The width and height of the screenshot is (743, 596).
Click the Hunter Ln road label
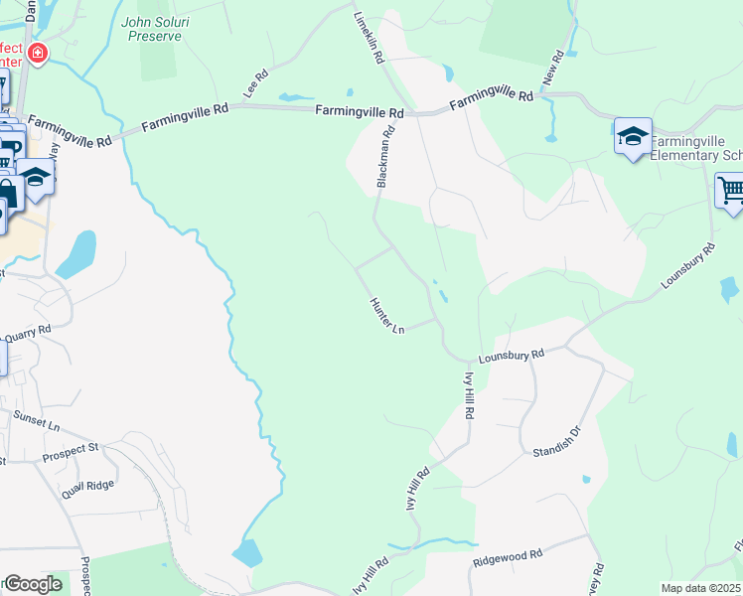[x=387, y=316]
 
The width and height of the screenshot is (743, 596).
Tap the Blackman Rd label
[x=385, y=156]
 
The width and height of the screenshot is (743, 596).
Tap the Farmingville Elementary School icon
[x=633, y=137]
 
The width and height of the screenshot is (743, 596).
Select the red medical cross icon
[x=38, y=53]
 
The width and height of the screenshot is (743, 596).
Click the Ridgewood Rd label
[x=508, y=558]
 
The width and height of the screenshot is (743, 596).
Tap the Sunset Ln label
[x=38, y=425]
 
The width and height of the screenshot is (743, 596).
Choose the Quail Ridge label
[x=87, y=485]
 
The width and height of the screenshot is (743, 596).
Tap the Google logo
[x=33, y=584]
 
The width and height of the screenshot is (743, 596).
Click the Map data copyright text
[x=701, y=588]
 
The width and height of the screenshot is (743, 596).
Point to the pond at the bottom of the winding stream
[x=246, y=554]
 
